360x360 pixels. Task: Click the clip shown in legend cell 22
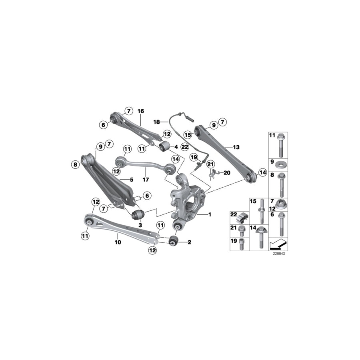242,219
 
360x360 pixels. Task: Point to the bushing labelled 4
164,147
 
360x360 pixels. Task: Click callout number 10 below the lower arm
118,242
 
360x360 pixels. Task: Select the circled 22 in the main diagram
184,147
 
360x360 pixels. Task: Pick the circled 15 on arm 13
188,135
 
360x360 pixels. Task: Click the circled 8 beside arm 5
75,164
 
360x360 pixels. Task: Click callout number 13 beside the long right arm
236,147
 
